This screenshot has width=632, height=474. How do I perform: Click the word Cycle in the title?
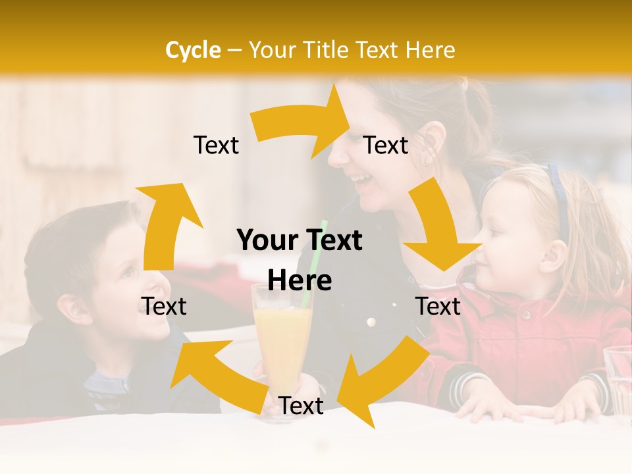(x=193, y=49)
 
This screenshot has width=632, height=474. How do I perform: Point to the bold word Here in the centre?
(x=300, y=280)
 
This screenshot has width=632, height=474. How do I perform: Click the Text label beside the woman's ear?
(x=386, y=145)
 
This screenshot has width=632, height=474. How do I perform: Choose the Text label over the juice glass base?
(x=301, y=406)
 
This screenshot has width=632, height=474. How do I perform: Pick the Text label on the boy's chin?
(x=165, y=306)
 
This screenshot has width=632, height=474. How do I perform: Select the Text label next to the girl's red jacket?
(x=438, y=306)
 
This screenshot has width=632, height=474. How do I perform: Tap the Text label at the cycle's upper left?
(x=216, y=145)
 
